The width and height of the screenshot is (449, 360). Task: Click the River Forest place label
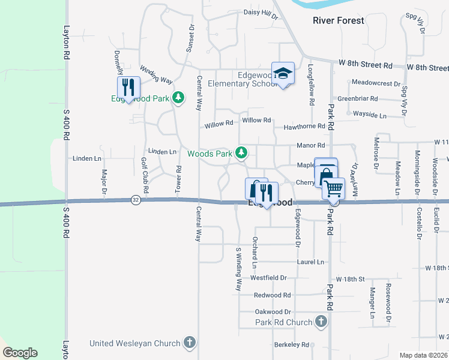(339, 20)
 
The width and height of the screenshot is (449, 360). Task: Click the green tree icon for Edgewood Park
(178, 98)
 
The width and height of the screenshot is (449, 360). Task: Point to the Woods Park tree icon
(241, 154)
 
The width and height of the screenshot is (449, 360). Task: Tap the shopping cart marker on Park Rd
(334, 189)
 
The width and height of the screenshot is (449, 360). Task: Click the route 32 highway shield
(136, 200)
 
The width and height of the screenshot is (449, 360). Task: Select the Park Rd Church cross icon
(322, 322)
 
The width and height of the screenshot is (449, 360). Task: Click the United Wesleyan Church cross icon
(189, 343)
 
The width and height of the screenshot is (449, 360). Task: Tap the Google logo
(20, 353)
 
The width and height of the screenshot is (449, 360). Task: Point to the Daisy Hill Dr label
(261, 12)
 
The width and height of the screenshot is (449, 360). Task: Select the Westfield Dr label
(269, 278)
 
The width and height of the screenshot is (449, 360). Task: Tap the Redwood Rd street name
(272, 295)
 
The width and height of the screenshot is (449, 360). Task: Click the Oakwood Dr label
(273, 312)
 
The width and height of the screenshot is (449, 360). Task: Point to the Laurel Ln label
(311, 262)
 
